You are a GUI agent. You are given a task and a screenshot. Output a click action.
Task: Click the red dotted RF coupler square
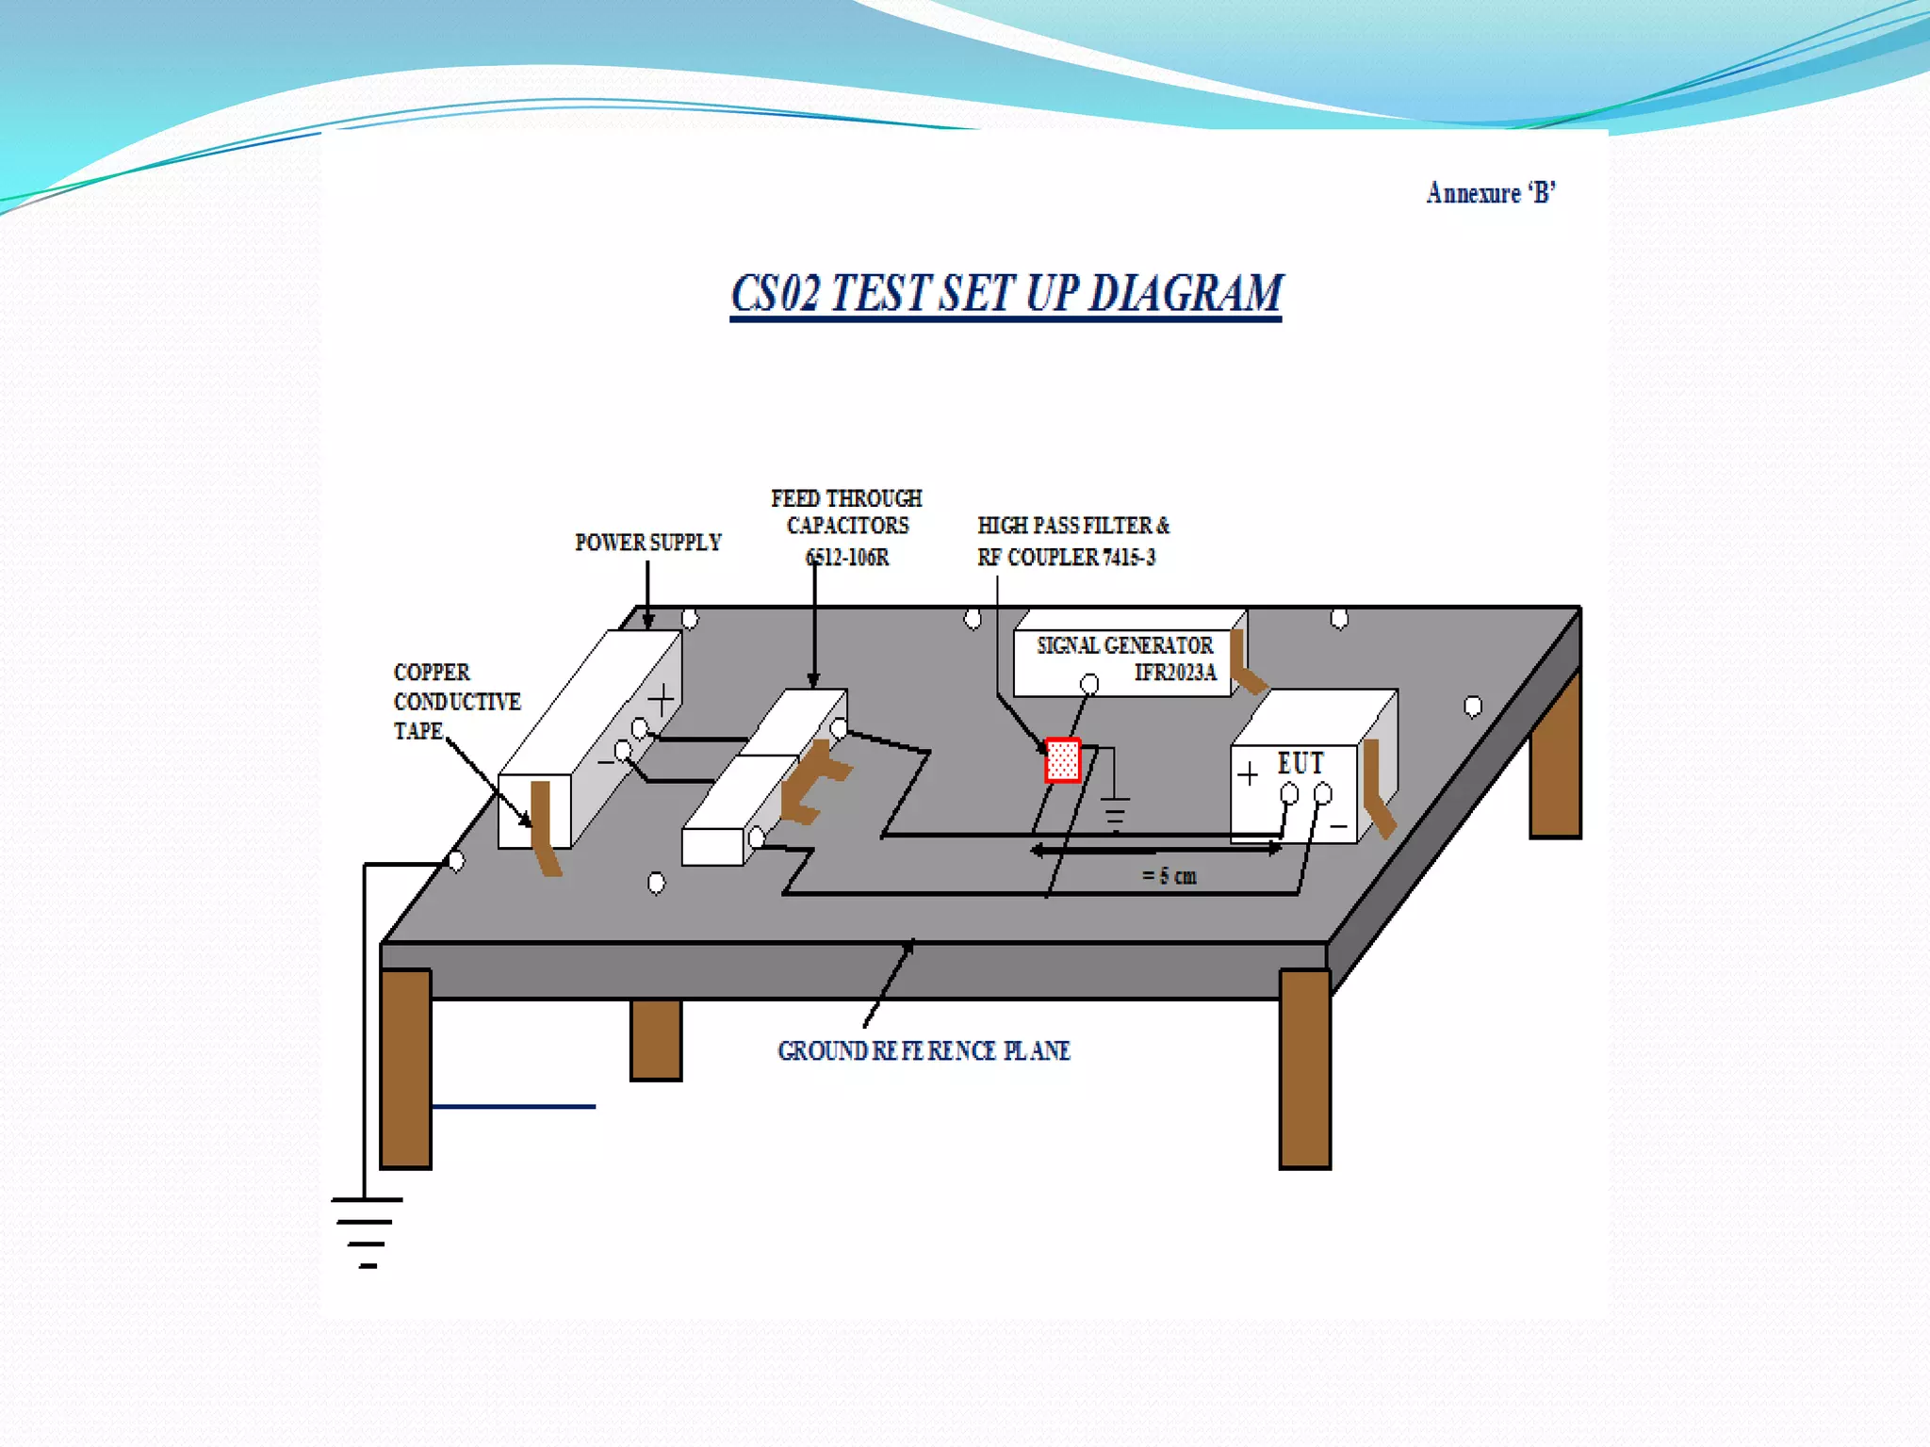click(1063, 760)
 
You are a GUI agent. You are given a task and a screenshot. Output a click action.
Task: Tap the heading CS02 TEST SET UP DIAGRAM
click(1006, 293)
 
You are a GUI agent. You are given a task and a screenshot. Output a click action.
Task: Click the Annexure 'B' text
click(1490, 193)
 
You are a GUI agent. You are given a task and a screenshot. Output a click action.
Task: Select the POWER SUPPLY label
click(648, 543)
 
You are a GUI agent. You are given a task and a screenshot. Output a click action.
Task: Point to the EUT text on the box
click(1300, 763)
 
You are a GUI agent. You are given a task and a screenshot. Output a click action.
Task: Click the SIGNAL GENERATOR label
click(1124, 645)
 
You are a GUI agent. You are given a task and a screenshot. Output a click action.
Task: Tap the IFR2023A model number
click(1175, 673)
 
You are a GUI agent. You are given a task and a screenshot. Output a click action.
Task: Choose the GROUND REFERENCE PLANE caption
click(924, 1050)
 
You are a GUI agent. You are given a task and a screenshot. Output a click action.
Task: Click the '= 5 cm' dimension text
click(1169, 876)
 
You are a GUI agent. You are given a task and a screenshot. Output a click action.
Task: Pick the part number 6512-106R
click(847, 558)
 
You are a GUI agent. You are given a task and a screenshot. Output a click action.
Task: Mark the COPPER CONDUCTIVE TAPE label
click(456, 701)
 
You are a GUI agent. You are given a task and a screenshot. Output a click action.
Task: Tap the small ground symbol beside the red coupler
click(1115, 812)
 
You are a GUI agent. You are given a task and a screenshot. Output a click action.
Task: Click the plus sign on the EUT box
click(1248, 774)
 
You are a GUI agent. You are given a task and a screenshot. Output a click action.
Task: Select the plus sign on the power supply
click(662, 699)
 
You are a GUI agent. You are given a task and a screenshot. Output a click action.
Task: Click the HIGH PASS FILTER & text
click(1073, 526)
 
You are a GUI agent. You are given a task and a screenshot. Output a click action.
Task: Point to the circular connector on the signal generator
click(1089, 683)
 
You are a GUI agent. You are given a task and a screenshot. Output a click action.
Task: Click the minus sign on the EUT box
click(1338, 827)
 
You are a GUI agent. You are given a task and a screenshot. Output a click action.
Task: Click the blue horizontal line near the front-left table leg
click(514, 1107)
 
